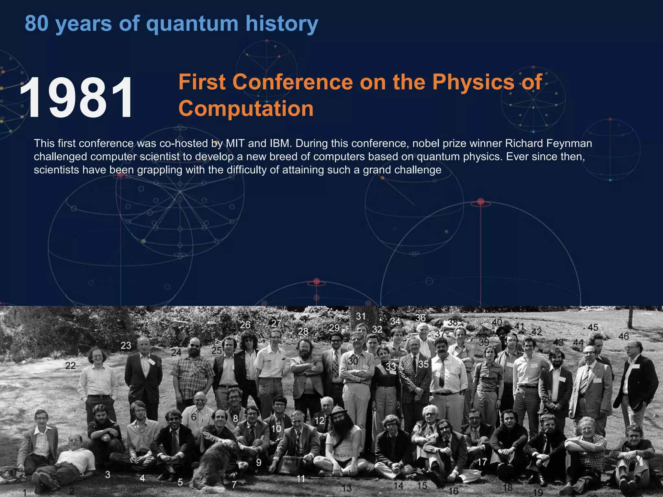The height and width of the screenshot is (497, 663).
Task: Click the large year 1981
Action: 76,97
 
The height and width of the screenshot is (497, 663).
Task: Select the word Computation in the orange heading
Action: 246,108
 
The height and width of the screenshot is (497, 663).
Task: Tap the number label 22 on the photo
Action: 71,366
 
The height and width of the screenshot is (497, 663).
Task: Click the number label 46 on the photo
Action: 624,337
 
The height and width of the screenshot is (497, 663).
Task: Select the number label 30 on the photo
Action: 353,361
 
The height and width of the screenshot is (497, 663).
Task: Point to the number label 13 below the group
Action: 347,488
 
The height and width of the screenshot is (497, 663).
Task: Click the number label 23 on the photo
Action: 126,346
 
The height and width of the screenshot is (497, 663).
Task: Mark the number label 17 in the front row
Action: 482,462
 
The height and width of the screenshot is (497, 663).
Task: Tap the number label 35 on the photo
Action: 423,364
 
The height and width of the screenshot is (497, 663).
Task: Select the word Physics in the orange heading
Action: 473,82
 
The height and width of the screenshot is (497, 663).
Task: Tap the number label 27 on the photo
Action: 276,323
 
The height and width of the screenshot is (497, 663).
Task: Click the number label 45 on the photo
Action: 593,327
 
